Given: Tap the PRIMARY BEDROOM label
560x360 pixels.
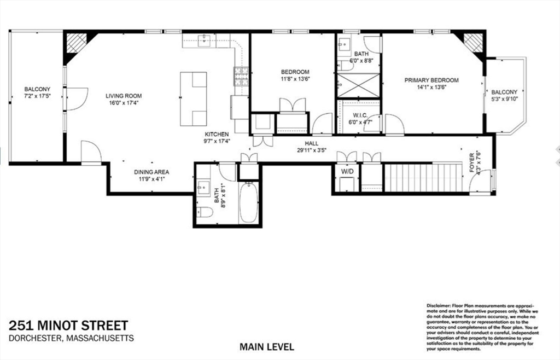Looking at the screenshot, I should point(431,80).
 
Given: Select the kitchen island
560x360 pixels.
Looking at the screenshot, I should point(194,98).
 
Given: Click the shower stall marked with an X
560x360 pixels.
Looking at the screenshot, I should point(358,85).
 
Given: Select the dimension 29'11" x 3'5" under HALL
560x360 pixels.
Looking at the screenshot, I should point(312,150).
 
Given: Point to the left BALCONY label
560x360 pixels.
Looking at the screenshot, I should point(37,89).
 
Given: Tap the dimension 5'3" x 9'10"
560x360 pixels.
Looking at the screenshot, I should point(504,99).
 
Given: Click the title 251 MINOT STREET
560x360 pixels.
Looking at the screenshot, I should point(68,326).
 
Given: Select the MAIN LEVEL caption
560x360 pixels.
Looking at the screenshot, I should point(267,346).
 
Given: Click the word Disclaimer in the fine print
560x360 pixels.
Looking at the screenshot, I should point(438,305).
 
